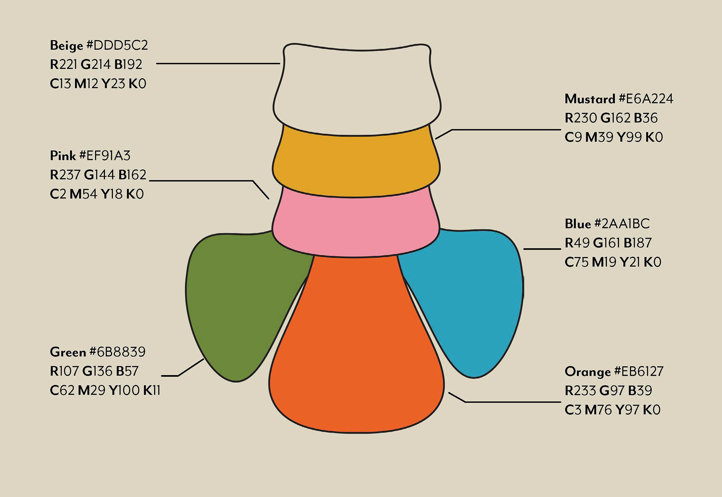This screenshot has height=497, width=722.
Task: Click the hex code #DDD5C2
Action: pos(117,45)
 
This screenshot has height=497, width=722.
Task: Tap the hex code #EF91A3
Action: pos(105,156)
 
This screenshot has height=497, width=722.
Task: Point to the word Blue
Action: pos(578,224)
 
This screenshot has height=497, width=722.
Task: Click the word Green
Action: pos(68,352)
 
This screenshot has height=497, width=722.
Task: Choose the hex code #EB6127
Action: pos(639,372)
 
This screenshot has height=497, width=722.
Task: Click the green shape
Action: pos(241,301)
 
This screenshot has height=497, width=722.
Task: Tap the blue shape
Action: pos(466,301)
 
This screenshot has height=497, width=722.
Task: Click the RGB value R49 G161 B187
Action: pos(608,243)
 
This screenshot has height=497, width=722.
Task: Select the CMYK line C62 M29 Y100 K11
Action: pos(105,391)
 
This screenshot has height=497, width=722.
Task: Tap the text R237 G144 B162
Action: pos(98,175)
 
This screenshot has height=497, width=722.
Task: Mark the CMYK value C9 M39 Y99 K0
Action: pos(613,137)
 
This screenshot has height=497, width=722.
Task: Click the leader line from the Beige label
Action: pos(218,64)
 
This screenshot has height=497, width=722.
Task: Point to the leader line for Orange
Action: pos(511,402)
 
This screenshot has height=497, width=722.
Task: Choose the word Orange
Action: pos(587,372)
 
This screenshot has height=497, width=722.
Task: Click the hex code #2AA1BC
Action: pos(622,224)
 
